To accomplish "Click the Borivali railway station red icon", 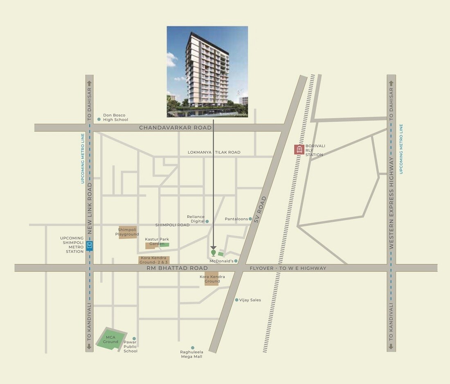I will coord(299,150).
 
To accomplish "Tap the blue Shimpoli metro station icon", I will coord(89,246).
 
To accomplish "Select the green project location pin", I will coord(213,253).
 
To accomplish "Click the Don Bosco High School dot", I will coord(99,119).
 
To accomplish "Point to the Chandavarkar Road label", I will coord(175,128).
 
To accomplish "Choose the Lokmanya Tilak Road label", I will coord(214,152).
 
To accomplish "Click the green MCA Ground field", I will coord(110,339).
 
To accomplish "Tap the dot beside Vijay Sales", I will coord(236,300).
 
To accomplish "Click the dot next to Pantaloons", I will coord(250,219).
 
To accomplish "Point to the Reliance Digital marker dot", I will coord(207,221).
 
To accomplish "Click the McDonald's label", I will coord(221,261).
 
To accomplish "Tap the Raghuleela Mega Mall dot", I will coord(193,348).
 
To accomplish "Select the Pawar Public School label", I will coord(130,346).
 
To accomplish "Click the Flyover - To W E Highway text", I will coord(288,268).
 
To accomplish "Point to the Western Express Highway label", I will coord(391,203).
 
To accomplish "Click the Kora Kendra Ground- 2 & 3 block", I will coord(154,260).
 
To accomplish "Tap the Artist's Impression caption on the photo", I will coord(233,114).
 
